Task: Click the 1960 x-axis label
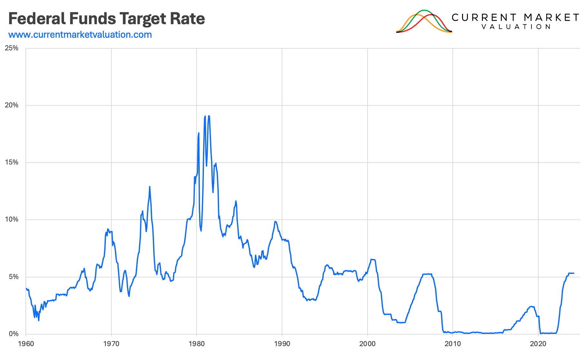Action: click(26, 344)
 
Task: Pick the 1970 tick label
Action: click(111, 344)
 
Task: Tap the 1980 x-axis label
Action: click(197, 344)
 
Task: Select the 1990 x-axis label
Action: click(282, 344)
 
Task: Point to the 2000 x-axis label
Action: click(367, 344)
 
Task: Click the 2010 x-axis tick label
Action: click(453, 344)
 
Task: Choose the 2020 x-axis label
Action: click(538, 344)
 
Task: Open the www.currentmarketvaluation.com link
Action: click(80, 35)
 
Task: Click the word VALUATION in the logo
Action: click(516, 27)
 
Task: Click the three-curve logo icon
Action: click(424, 21)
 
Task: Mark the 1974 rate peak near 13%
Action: click(150, 187)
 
